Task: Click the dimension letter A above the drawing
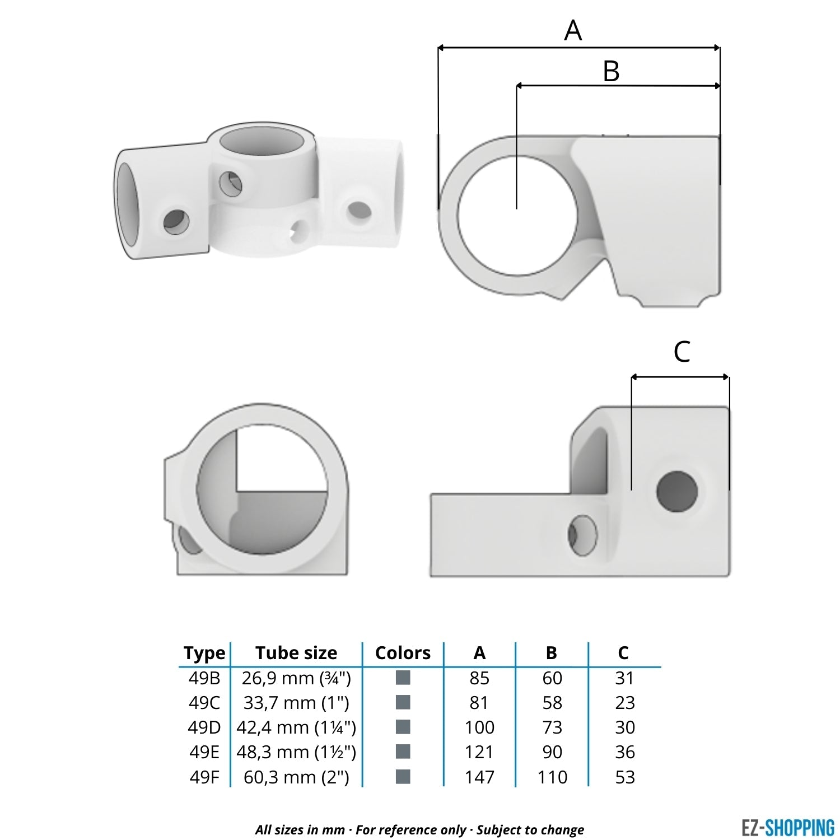click(573, 30)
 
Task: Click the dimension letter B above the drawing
click(611, 72)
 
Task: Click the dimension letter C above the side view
click(682, 352)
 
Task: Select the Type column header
click(204, 653)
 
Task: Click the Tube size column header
click(296, 653)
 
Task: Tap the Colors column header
click(403, 653)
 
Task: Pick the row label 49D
click(204, 727)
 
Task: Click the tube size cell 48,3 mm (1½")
click(296, 752)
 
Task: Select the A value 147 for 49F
click(479, 777)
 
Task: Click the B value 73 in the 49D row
click(552, 727)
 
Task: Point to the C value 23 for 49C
click(624, 703)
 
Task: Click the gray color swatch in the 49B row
click(403, 678)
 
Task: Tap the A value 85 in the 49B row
click(479, 678)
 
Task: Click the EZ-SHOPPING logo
click(787, 827)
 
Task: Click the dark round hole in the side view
click(677, 492)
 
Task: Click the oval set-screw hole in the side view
click(582, 535)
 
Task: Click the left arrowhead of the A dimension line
click(441, 49)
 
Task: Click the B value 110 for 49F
click(552, 777)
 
